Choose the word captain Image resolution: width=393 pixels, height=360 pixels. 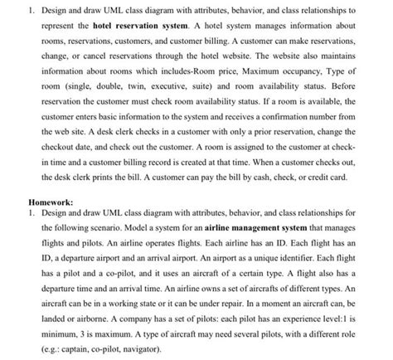click(68, 349)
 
